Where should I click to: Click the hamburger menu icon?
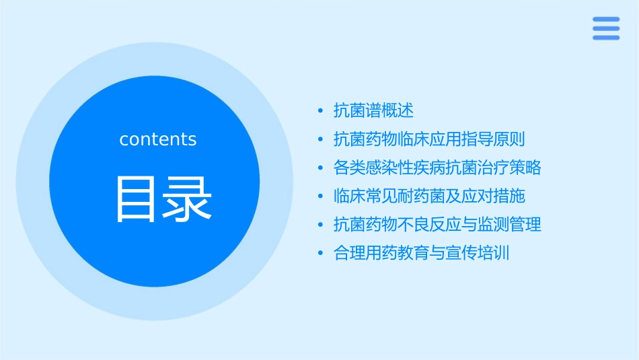[606, 28]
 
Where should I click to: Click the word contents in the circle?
[158, 139]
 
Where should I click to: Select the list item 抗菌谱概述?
[373, 110]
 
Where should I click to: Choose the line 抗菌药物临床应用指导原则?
[429, 139]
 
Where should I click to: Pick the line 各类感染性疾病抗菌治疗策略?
[437, 168]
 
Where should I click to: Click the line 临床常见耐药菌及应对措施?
[429, 196]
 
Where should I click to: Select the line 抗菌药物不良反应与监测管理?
[437, 224]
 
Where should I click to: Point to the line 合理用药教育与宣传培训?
[421, 253]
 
